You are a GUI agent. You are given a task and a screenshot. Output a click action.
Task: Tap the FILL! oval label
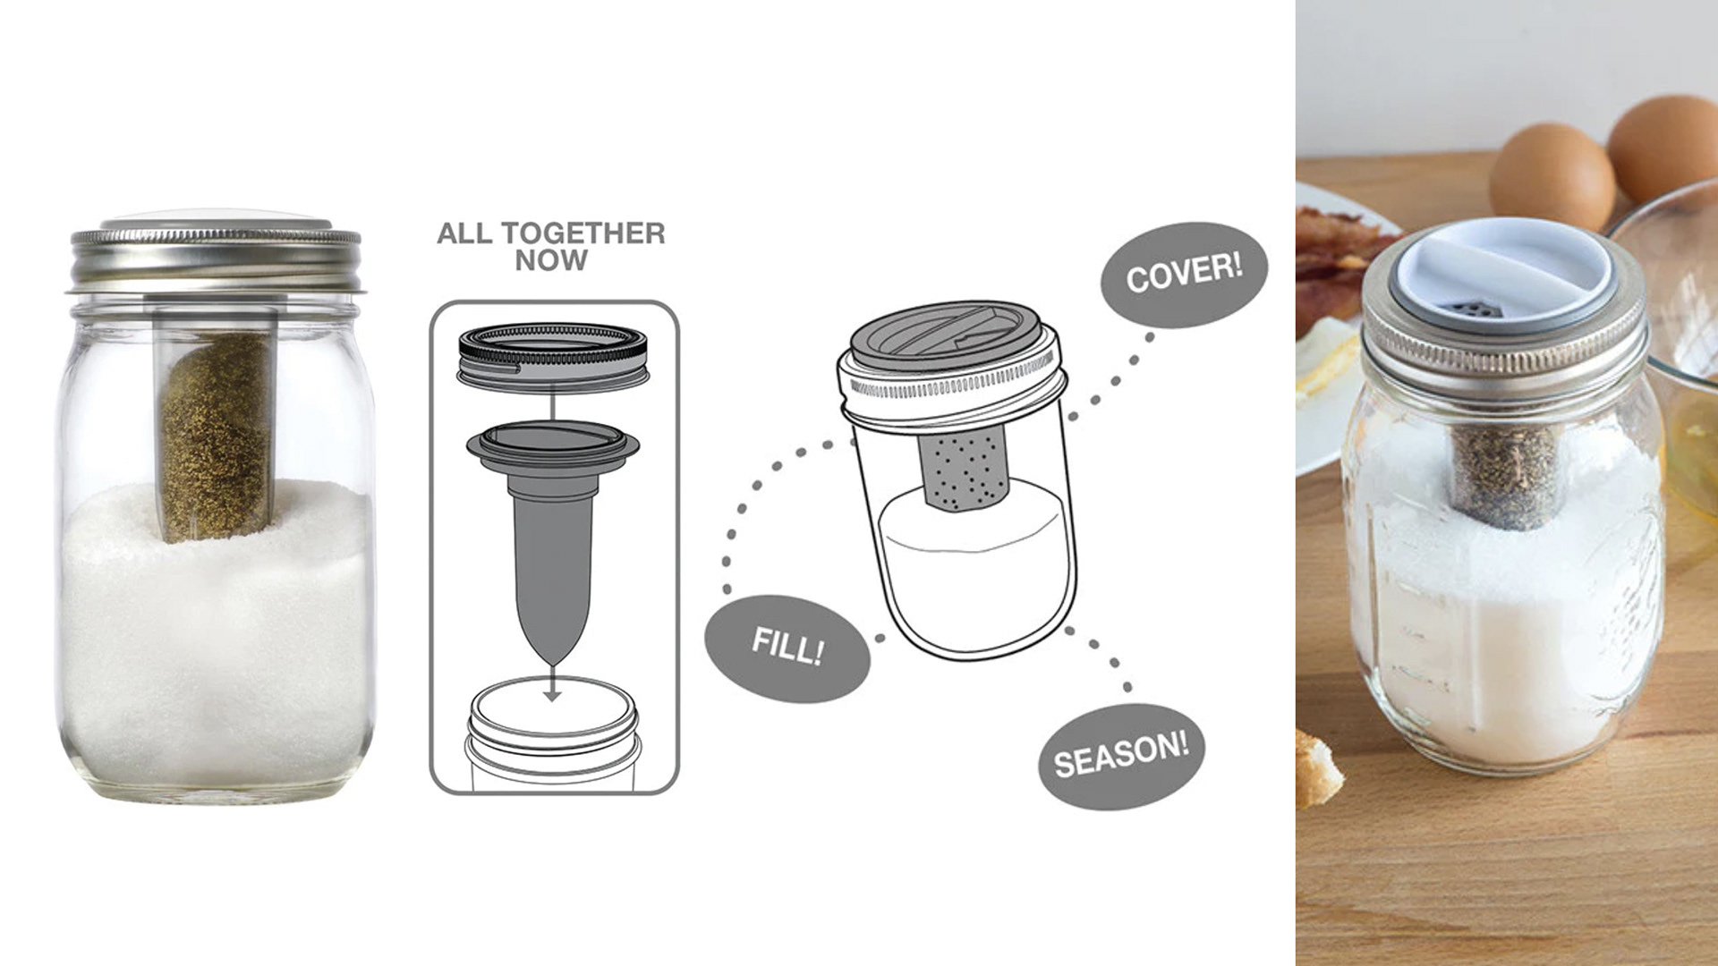point(787,648)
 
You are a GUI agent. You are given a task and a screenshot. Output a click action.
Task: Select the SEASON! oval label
point(1121,756)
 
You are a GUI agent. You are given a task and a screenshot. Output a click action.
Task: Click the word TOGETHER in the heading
point(583,233)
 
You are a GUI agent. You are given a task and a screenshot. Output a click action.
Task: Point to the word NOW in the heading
point(551,261)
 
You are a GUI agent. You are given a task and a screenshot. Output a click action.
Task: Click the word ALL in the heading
point(464,233)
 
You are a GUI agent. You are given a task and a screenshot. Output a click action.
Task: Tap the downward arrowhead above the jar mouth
point(553,694)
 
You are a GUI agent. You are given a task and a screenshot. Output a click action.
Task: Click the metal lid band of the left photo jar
point(215,259)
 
